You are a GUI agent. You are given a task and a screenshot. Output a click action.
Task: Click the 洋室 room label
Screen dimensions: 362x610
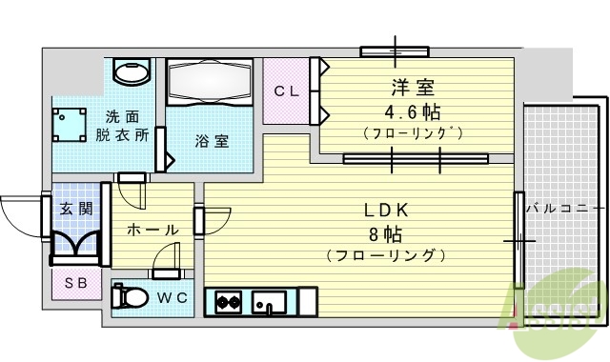pos(414,89)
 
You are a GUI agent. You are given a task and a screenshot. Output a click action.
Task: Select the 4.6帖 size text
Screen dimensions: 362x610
pos(414,111)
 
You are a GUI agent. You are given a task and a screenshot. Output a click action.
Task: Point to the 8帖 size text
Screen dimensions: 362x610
pos(385,233)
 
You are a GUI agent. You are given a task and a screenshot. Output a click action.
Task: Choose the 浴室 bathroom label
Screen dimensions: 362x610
pos(212,141)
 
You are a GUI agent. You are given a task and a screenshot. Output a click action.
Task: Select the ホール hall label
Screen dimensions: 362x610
pos(152,230)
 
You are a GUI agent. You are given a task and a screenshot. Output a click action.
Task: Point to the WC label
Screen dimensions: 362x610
pos(173,297)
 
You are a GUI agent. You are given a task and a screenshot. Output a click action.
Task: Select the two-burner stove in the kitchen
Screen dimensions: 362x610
pos(227,304)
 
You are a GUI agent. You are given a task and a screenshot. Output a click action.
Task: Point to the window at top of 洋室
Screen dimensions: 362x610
pos(394,50)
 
